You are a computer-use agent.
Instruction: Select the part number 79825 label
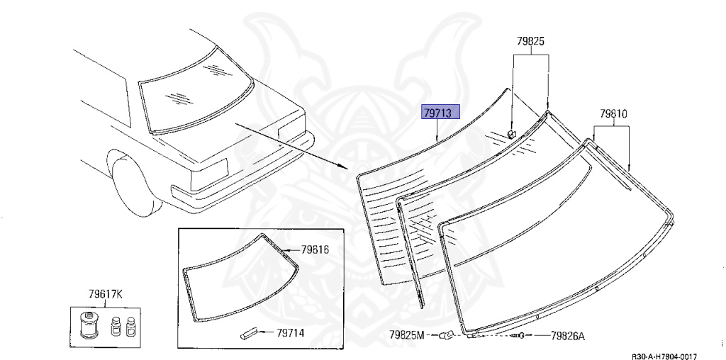pyautogui.click(x=530, y=42)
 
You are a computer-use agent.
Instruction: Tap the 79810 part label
pyautogui.click(x=613, y=113)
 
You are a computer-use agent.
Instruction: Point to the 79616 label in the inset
pyautogui.click(x=314, y=250)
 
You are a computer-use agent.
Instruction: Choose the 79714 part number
pyautogui.click(x=290, y=332)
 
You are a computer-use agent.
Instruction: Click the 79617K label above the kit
pyautogui.click(x=106, y=294)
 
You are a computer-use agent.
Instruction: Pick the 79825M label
pyautogui.click(x=406, y=334)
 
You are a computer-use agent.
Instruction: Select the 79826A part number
pyautogui.click(x=567, y=336)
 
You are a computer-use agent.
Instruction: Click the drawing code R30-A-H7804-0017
pyautogui.click(x=664, y=356)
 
